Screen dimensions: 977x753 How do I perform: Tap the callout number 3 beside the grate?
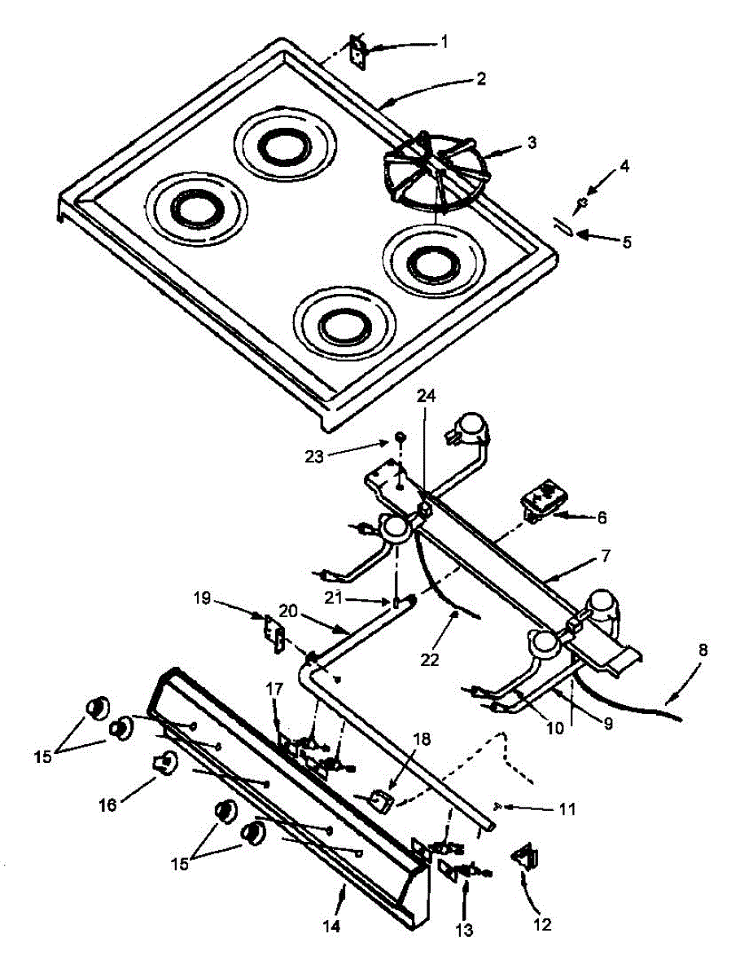pos(532,142)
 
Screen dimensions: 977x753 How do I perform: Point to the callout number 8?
pos(703,651)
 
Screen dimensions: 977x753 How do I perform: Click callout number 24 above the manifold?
pos(427,396)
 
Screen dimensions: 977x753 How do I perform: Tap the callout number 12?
pos(542,925)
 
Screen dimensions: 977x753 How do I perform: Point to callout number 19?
pos(203,599)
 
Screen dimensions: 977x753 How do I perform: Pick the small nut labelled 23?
pos(401,440)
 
